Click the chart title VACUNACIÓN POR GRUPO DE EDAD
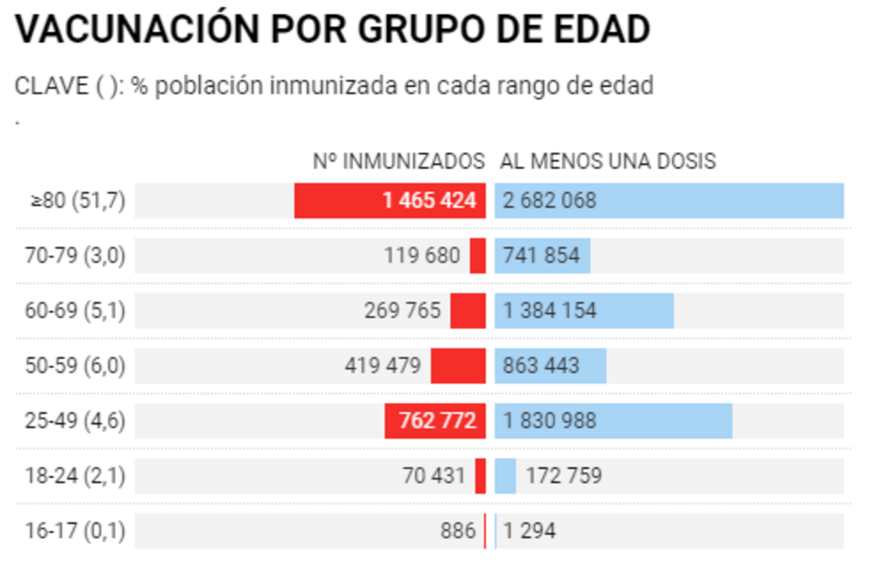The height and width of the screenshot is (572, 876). point(332,29)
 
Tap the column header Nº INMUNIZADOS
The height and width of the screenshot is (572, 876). point(399,162)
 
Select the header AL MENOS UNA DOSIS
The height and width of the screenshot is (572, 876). point(608,162)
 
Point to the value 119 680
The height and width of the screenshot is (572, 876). point(422,256)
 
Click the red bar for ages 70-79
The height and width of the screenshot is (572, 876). point(478,256)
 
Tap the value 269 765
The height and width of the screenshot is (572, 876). point(402,311)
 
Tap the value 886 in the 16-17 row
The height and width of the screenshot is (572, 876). point(457,531)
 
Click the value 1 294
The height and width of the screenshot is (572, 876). point(529,531)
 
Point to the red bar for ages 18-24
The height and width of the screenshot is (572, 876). point(481,476)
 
